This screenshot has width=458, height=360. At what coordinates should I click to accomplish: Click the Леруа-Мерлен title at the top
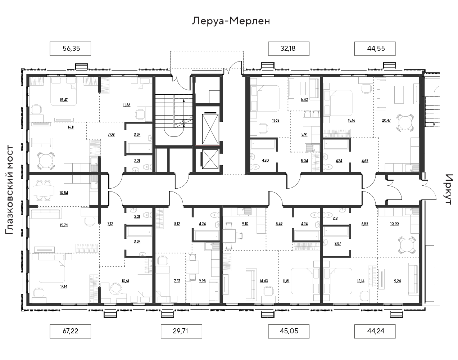click(231, 21)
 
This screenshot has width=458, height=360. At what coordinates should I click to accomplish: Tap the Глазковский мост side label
click(9, 190)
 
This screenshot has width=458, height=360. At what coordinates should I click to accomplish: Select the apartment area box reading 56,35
click(71, 49)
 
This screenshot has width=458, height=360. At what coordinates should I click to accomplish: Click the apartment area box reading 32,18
click(289, 49)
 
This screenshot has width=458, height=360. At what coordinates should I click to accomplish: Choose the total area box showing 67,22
click(71, 331)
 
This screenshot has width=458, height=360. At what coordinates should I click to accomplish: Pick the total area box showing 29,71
click(181, 331)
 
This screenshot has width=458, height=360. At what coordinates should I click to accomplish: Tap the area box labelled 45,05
click(289, 331)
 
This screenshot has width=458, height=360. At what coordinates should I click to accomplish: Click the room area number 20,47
click(386, 121)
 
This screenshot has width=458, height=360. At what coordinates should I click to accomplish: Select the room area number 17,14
click(64, 287)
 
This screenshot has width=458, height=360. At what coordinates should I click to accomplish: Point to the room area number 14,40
click(264, 281)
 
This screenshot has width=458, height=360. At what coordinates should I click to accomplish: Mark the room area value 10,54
click(64, 193)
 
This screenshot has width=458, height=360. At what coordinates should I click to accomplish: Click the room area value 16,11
click(71, 127)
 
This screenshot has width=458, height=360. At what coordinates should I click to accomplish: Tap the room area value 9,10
click(245, 224)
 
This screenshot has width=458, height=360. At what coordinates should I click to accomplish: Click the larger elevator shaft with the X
click(210, 129)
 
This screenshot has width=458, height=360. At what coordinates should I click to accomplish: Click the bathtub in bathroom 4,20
click(263, 145)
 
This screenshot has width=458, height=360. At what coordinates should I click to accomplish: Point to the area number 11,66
click(127, 105)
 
